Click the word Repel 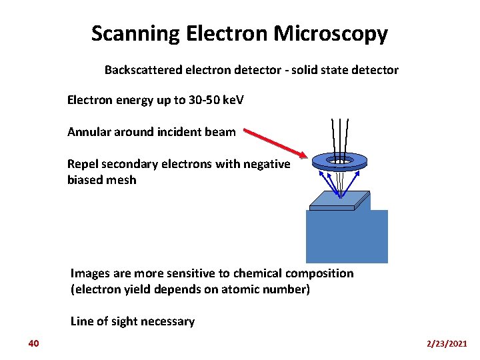83,164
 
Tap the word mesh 122,180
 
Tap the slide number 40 34,343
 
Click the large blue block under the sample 346,240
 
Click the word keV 233,101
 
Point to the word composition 319,273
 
